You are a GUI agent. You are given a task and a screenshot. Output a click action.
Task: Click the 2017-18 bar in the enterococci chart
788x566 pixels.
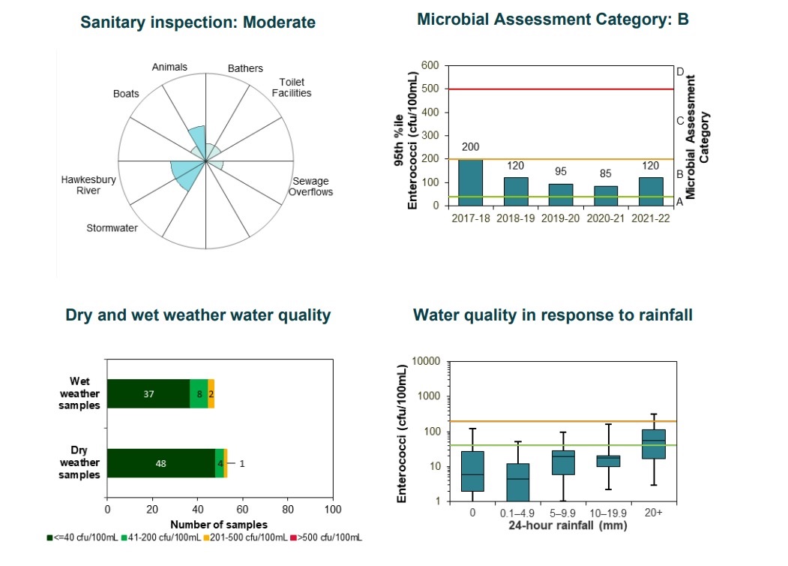(x=470, y=182)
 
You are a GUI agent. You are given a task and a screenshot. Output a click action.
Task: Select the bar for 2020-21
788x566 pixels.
(x=606, y=196)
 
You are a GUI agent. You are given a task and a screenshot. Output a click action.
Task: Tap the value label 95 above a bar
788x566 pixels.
(x=561, y=172)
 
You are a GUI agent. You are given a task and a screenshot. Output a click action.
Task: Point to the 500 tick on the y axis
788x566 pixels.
(x=430, y=89)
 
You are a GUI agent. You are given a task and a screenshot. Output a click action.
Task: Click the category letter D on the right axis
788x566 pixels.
(x=680, y=72)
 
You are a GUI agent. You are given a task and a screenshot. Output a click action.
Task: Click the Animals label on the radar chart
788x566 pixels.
(x=169, y=67)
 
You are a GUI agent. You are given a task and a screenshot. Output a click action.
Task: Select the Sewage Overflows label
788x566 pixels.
(x=310, y=186)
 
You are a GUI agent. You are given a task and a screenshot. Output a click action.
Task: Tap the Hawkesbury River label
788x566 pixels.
(x=88, y=185)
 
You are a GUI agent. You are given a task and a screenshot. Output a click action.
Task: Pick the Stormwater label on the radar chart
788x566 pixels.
(x=112, y=228)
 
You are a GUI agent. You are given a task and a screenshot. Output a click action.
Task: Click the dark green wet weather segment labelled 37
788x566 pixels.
(x=148, y=393)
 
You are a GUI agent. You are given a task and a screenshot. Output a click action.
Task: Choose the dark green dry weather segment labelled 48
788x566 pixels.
(x=160, y=463)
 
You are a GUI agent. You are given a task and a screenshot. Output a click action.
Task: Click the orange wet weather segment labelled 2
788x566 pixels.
(x=211, y=393)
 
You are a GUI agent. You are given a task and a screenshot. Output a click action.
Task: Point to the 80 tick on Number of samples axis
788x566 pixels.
(x=288, y=509)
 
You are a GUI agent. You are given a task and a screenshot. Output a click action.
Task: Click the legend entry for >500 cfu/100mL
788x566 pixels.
(x=326, y=537)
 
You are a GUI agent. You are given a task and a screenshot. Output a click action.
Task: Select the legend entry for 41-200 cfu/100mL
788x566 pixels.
(x=160, y=537)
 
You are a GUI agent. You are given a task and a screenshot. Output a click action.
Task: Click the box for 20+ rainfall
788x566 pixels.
(x=654, y=444)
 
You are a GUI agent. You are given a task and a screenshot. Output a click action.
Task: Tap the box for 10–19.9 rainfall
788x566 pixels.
(x=609, y=461)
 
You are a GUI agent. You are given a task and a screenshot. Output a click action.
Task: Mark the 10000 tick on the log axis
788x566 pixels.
(x=426, y=361)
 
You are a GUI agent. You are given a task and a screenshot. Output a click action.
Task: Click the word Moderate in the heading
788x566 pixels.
(x=280, y=22)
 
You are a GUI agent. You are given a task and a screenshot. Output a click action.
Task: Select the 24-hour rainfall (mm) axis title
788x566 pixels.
(x=568, y=525)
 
